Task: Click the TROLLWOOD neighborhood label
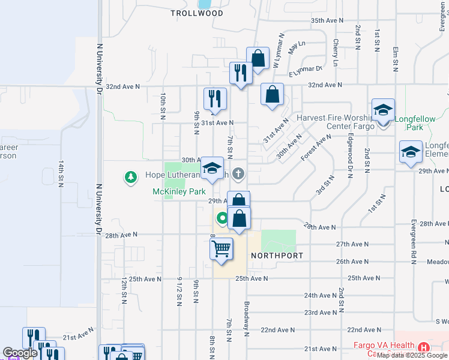pyautogui.click(x=196, y=13)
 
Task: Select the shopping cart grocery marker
pyautogui.click(x=221, y=248)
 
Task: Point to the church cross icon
pyautogui.click(x=239, y=175)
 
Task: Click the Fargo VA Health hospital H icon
pyautogui.click(x=424, y=347)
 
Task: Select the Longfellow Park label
pyautogui.click(x=415, y=123)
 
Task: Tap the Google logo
pyautogui.click(x=20, y=353)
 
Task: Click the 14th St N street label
pyautogui.click(x=61, y=173)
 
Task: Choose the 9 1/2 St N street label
pyautogui.click(x=179, y=290)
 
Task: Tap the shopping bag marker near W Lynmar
pyautogui.click(x=258, y=59)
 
